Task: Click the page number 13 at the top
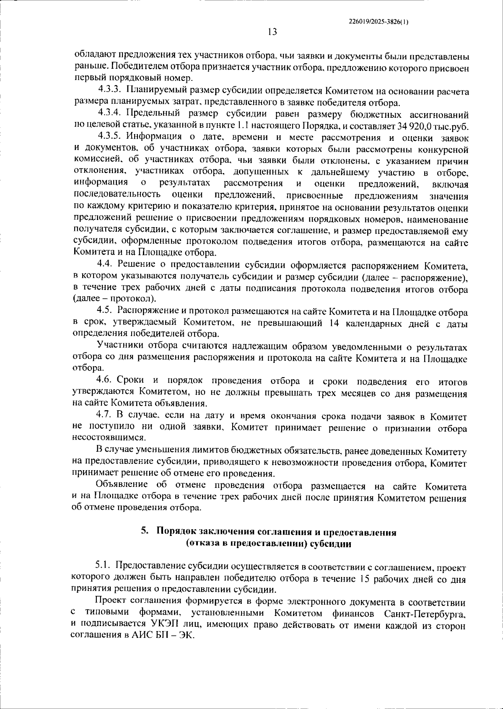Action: pyautogui.click(x=272, y=32)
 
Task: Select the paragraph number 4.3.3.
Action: pyautogui.click(x=110, y=91)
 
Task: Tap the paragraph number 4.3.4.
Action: pyautogui.click(x=110, y=114)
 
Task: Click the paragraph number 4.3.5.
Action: pyautogui.click(x=110, y=137)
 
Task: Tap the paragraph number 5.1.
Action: pyautogui.click(x=103, y=567)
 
